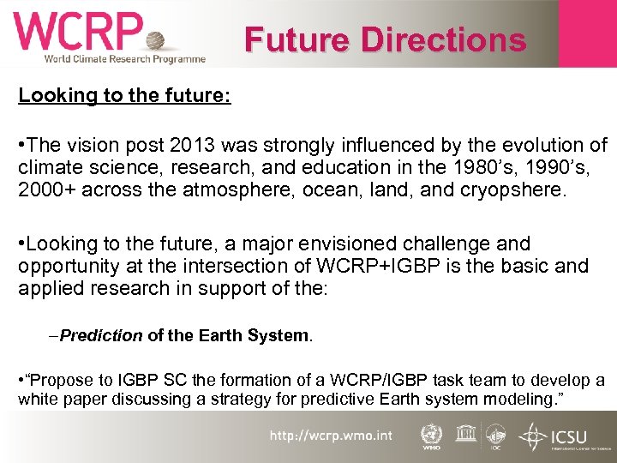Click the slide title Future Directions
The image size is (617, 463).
(x=385, y=39)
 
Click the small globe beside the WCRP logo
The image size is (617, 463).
(x=155, y=39)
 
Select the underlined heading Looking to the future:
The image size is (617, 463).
(x=125, y=95)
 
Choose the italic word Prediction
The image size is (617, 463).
(x=101, y=335)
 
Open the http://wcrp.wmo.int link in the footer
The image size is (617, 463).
(x=331, y=436)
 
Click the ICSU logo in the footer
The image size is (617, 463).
(x=556, y=436)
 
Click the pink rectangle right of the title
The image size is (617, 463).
(x=588, y=34)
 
